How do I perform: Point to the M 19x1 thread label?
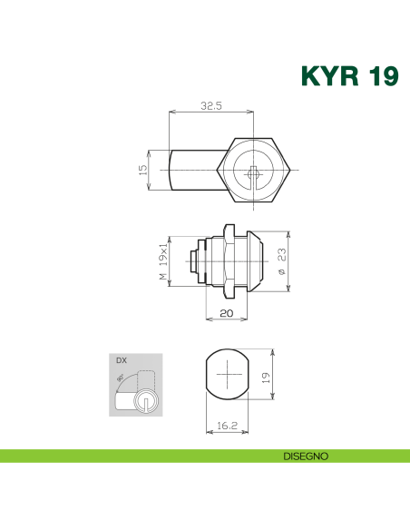[x=163, y=260]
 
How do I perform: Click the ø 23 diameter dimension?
[x=282, y=260]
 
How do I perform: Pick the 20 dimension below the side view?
[x=227, y=312]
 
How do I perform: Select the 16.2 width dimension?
[x=227, y=425]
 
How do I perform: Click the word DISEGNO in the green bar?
[x=304, y=456]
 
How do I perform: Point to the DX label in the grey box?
[x=120, y=360]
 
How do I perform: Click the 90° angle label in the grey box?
[x=121, y=380]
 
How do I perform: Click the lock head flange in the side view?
[x=255, y=260]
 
